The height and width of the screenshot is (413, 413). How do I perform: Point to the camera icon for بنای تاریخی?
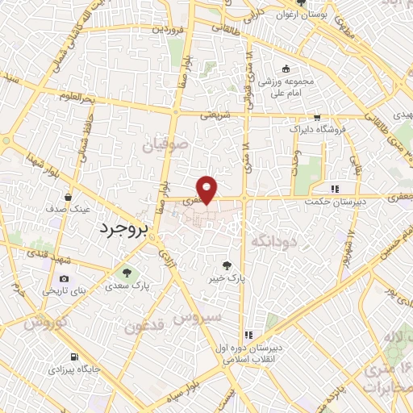click(65, 278)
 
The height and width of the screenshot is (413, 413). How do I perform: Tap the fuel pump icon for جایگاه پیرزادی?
click(75, 357)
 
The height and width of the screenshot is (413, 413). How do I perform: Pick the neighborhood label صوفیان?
click(164, 148)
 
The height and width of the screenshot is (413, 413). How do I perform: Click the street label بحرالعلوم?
click(80, 97)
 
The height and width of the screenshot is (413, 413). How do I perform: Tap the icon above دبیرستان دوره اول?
click(249, 334)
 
